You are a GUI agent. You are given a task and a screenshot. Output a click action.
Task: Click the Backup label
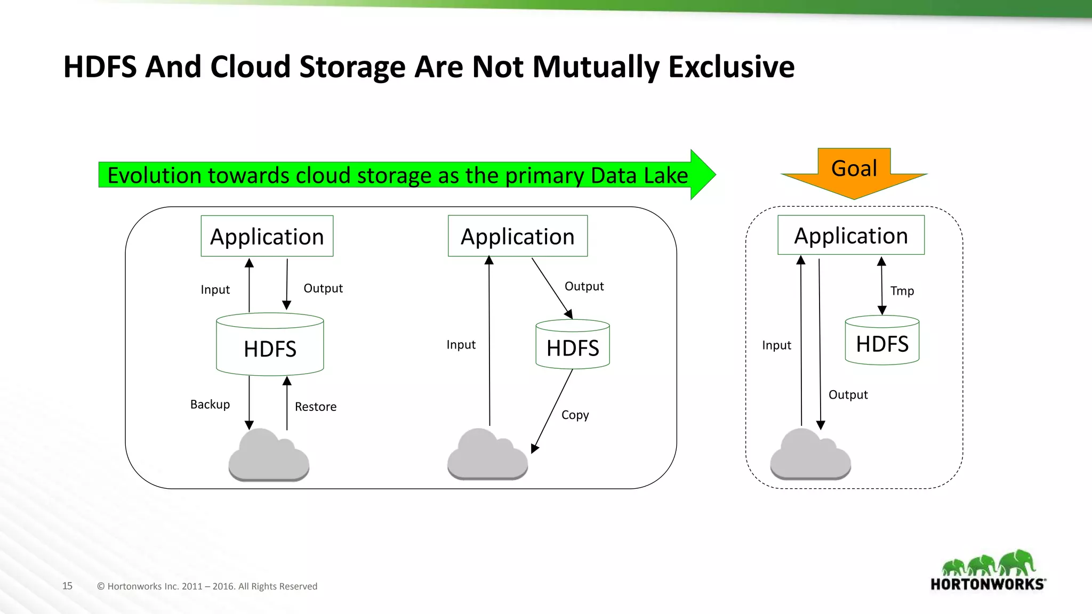pos(210,405)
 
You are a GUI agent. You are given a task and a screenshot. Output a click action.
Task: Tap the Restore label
pos(316,407)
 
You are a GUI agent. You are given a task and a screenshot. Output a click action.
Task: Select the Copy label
pos(575,415)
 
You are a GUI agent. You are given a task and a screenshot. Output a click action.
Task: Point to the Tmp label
pos(902,291)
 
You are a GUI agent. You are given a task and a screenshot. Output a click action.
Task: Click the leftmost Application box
pos(267,236)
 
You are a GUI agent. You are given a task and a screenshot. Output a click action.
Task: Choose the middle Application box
pos(518,236)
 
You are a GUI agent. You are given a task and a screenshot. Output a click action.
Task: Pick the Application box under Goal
pos(851,235)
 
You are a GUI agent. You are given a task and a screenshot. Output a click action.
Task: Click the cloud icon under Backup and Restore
pos(269,456)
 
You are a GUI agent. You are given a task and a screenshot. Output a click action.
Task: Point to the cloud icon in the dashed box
pos(810,456)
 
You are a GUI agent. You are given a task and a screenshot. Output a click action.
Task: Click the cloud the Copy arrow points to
pos(487,456)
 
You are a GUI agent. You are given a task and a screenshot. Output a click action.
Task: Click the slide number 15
pos(67,586)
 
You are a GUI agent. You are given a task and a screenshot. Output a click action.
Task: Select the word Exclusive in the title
pos(731,67)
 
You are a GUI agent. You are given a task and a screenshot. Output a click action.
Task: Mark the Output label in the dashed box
pos(848,395)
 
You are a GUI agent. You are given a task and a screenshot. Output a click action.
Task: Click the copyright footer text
pos(207,586)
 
